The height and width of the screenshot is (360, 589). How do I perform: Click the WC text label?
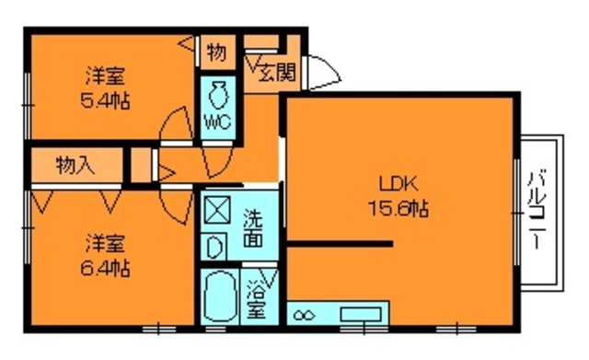click(x=218, y=122)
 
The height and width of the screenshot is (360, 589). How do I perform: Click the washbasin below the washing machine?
click(x=214, y=246)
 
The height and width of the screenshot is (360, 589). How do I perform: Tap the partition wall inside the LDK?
click(x=340, y=244)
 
